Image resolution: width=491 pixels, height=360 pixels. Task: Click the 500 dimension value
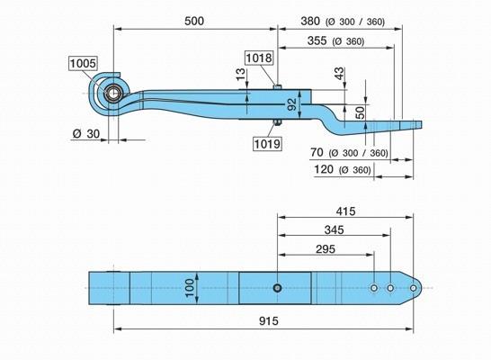(194, 22)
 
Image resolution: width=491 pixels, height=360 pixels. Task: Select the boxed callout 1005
(83, 63)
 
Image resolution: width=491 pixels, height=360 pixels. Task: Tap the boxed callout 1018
(259, 58)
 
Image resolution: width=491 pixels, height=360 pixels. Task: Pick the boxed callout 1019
(267, 144)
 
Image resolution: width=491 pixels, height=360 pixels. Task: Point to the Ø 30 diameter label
(86, 134)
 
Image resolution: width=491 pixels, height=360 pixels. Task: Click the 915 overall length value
(269, 321)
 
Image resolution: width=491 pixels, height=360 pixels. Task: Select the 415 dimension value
(345, 211)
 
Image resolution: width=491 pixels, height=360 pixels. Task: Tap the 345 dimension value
(335, 230)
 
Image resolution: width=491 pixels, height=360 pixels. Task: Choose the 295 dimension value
(326, 249)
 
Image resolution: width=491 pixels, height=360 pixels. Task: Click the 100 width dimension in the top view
(190, 288)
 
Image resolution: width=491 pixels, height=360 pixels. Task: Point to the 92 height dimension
(291, 104)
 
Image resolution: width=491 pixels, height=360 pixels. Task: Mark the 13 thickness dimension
(240, 75)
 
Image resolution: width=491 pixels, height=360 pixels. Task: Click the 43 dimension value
(339, 74)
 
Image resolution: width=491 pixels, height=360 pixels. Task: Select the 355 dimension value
(317, 40)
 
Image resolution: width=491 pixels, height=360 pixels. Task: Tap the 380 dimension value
(310, 22)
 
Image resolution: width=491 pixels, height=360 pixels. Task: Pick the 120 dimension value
(324, 169)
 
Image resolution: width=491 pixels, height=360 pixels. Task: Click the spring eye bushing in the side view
(113, 94)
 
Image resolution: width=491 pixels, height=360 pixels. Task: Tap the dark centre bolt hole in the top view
(277, 288)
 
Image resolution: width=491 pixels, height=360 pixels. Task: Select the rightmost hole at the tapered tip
(414, 288)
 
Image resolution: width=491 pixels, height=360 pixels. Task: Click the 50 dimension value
(361, 112)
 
